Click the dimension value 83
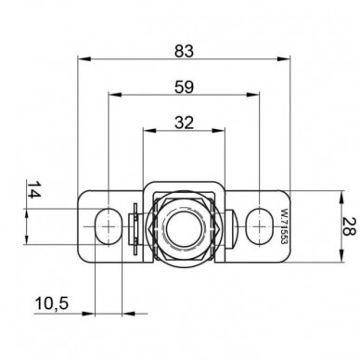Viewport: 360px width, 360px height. [184, 51]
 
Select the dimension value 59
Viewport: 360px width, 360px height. [184, 87]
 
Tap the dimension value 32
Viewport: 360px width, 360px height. [184, 122]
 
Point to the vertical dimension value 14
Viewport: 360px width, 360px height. [34, 189]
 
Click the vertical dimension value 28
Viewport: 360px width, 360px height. [350, 226]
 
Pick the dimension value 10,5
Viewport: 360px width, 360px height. [52, 303]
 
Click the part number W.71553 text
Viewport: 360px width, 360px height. [282, 227]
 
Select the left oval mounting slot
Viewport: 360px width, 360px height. [108, 226]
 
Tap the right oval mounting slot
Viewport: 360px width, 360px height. [259, 226]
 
